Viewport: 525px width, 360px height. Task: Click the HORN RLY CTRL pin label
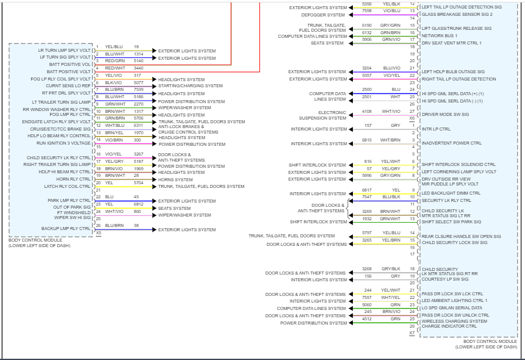73,179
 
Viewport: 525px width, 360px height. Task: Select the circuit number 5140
139,60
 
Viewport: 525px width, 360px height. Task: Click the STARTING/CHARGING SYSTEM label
190,86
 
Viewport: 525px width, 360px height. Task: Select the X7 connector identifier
411,333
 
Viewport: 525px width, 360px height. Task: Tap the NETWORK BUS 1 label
440,36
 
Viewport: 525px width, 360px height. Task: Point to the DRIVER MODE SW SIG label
446,114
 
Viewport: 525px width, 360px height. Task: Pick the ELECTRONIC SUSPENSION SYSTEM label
332,115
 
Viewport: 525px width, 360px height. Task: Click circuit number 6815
366,140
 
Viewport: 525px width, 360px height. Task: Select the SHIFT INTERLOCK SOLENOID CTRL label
458,164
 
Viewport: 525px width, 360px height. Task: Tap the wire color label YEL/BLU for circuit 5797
391,233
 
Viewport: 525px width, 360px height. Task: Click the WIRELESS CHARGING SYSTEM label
454,320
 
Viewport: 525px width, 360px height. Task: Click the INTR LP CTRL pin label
436,129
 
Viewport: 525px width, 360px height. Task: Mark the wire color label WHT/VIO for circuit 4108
391,112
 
